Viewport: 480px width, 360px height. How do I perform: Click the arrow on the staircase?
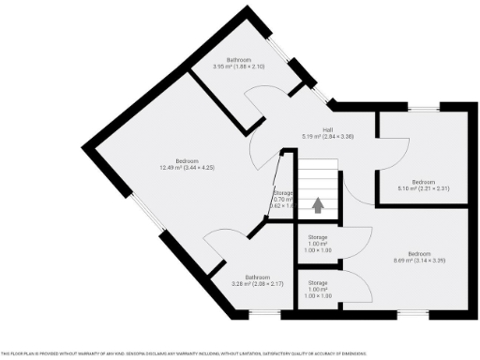coord(318,203)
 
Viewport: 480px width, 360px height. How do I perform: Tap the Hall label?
coord(328,133)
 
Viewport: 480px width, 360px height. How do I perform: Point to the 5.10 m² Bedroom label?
coord(423,185)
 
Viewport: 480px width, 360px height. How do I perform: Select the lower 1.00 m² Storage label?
coord(318,285)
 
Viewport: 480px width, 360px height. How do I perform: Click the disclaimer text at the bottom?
coord(187,353)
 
